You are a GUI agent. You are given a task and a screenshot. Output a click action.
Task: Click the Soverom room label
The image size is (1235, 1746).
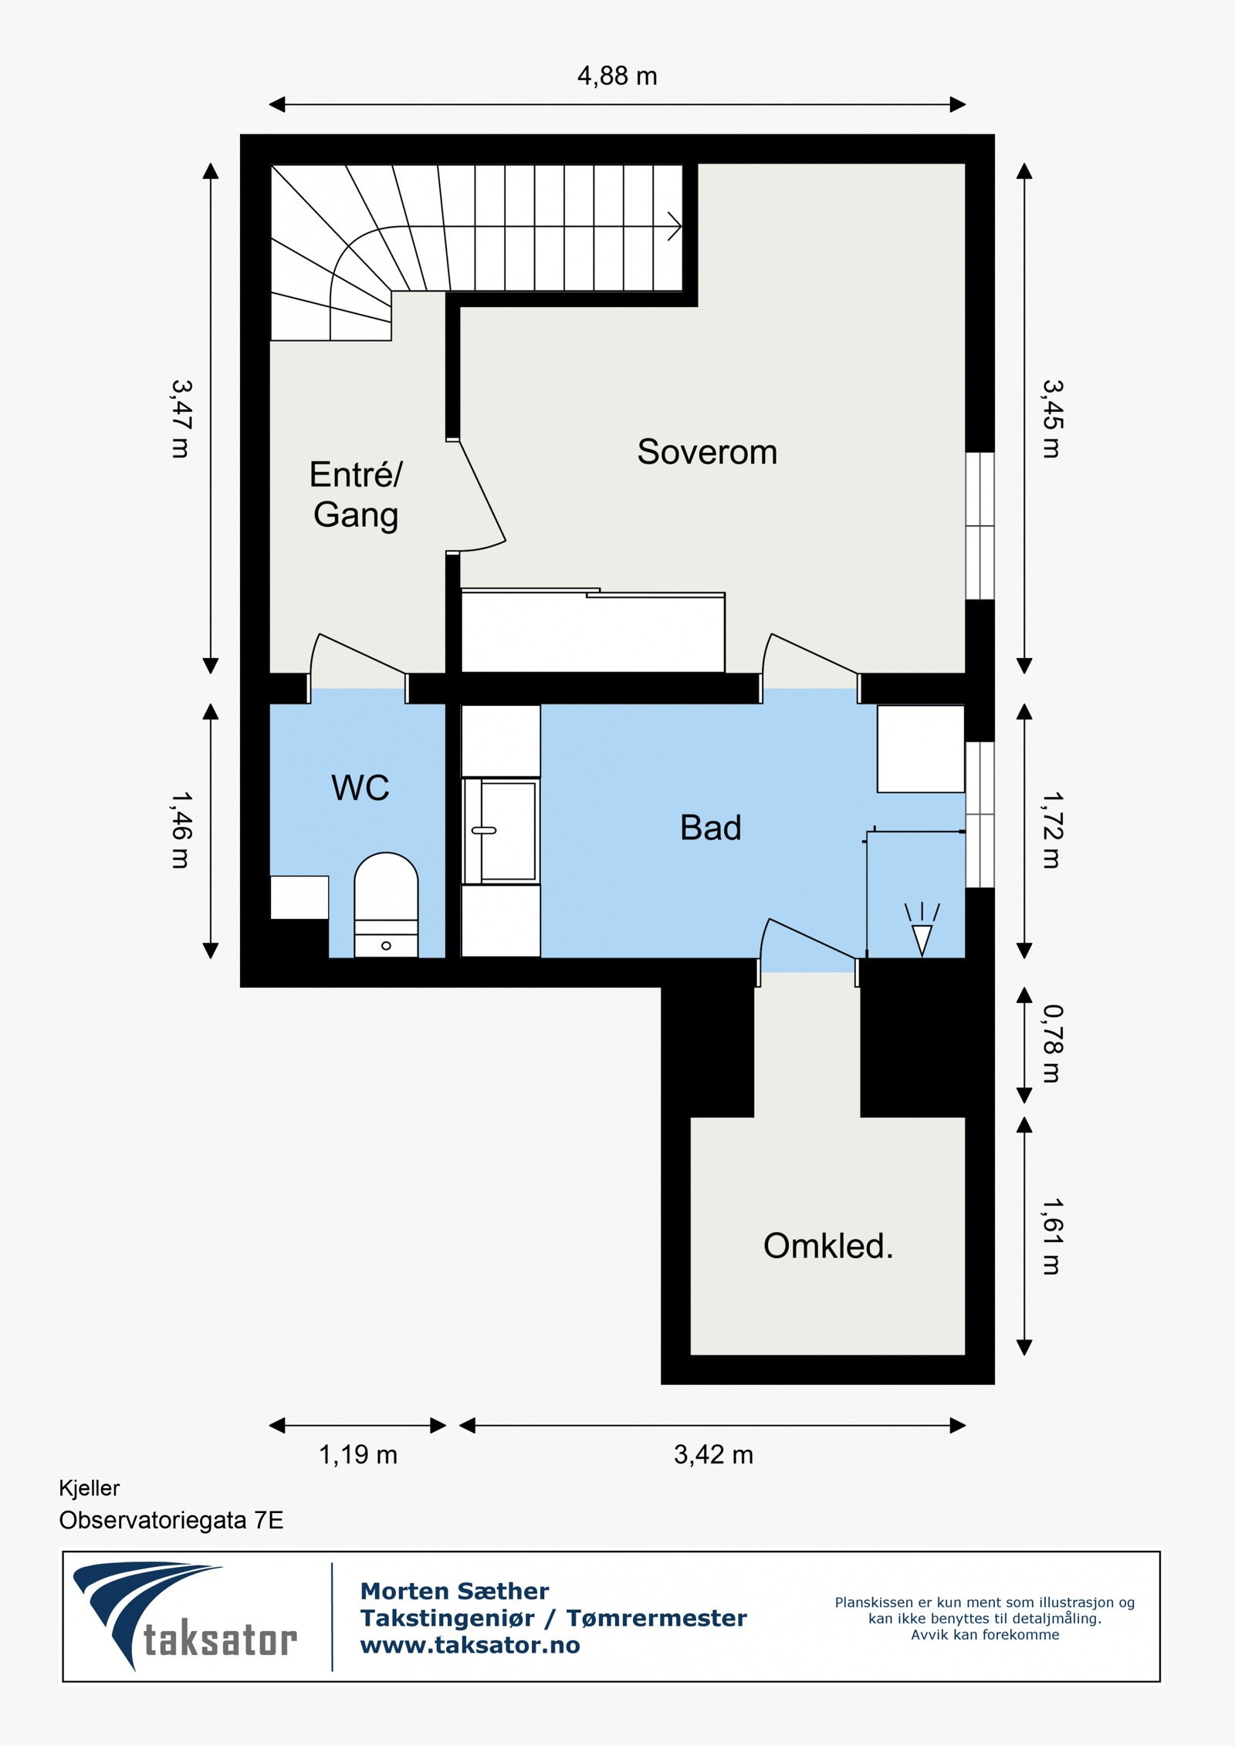click(707, 452)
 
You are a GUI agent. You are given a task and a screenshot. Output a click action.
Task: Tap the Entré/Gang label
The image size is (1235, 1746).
click(356, 495)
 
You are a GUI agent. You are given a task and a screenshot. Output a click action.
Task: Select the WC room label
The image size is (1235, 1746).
click(360, 788)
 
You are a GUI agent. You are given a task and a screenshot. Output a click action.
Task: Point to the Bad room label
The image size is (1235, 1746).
click(710, 828)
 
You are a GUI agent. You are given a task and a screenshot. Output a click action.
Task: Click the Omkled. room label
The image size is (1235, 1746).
click(828, 1246)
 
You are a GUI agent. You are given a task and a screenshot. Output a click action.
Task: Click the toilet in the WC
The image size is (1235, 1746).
click(386, 905)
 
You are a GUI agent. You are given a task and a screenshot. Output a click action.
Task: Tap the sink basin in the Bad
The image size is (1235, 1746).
click(500, 830)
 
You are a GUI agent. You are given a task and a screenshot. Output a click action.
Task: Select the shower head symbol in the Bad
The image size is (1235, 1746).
click(922, 930)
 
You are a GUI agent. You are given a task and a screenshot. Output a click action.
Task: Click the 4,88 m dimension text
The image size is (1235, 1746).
click(617, 76)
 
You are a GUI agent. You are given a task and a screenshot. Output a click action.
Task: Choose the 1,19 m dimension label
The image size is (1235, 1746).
click(358, 1454)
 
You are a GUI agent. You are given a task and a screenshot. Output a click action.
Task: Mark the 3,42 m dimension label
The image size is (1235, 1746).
click(713, 1454)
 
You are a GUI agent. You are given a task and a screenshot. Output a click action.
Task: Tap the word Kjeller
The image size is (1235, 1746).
click(90, 1488)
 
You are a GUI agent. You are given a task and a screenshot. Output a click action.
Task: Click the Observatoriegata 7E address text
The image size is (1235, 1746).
click(171, 1521)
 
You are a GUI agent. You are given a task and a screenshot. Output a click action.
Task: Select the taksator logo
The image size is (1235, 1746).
click(185, 1616)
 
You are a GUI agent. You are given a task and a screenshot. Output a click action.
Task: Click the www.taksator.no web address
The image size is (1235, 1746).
click(470, 1646)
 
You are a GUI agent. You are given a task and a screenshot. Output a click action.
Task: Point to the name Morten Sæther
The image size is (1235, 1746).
click(455, 1592)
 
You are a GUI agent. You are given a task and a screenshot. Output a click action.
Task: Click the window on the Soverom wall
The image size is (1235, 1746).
click(980, 525)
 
